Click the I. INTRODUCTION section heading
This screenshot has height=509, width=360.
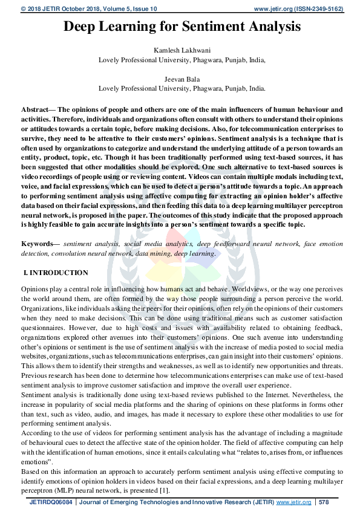[56, 273]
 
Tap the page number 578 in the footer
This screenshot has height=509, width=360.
[324, 502]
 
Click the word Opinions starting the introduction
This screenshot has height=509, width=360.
[34, 290]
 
